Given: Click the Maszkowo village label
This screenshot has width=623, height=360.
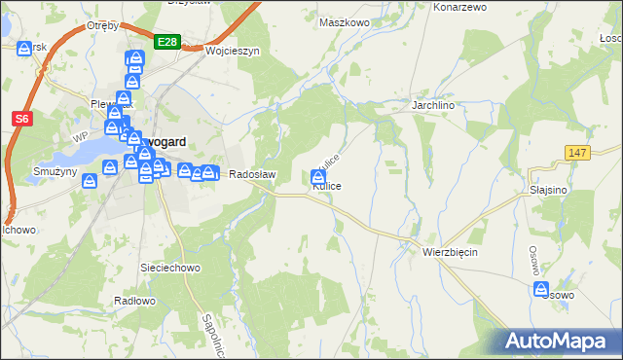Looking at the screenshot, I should tap(346, 21).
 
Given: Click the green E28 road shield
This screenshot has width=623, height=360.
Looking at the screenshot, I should tap(166, 41).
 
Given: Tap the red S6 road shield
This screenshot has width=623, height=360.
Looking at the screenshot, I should tap(21, 119).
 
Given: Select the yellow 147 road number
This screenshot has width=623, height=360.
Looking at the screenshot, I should tap(577, 154).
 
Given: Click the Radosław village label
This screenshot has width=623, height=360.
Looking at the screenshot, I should tap(252, 175).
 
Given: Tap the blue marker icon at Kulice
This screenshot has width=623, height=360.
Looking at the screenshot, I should tap(318, 177).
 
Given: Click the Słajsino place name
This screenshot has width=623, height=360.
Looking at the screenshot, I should tap(549, 191).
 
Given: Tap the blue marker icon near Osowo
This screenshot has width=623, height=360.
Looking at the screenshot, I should tap(540, 289).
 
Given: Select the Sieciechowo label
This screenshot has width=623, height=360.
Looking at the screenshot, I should tap(170, 267).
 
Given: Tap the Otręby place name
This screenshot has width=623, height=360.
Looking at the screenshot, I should tap(102, 25).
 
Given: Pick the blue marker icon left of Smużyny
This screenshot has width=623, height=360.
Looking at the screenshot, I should tap(89, 180).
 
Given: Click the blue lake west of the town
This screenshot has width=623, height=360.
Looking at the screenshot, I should tap(88, 152).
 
